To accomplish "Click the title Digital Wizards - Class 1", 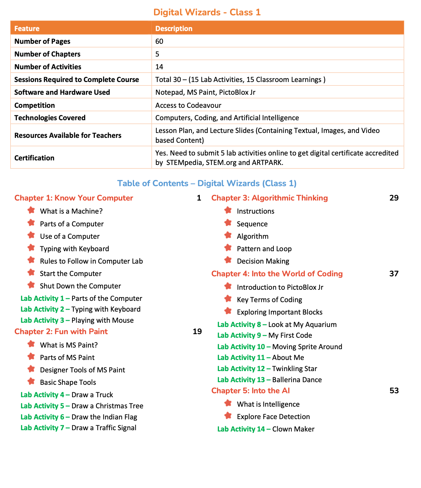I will pos(207,12).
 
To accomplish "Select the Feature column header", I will pos(27,28).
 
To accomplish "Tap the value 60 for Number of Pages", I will pos(159,41).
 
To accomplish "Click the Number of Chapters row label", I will pos(47,54).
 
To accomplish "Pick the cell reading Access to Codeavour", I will pos(188,105).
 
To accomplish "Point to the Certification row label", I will pos(34,158).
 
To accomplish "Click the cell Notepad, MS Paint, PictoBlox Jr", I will pos(205,92).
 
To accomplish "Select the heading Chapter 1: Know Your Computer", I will pos(74,198).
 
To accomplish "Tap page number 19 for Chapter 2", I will pos(197,332).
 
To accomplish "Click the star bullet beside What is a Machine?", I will pos(31,210).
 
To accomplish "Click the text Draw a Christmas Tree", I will pos(107,406).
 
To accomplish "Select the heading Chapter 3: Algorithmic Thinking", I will pos(270,198).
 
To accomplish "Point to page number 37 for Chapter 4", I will pos(394,274).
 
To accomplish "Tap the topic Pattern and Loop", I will pos(264,249).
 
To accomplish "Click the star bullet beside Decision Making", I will pos(228,260).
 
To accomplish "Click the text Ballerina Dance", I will pos(297,380).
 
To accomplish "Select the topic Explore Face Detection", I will pos(273,416).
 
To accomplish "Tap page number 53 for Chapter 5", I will pos(394,391).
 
